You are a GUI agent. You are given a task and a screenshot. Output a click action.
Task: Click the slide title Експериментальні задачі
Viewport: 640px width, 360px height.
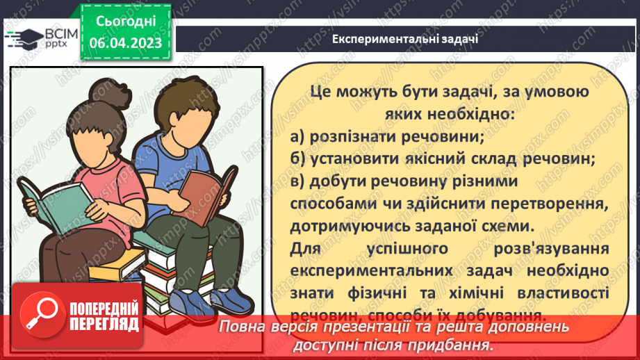click(x=404, y=38)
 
